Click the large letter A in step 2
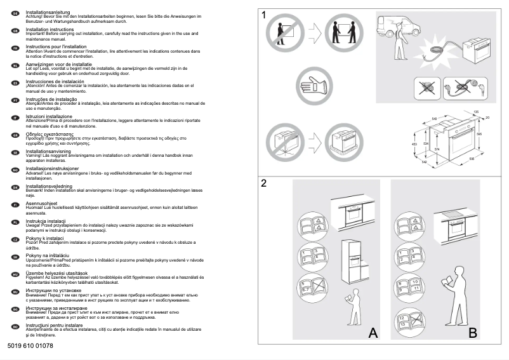pyautogui.click(x=373, y=332)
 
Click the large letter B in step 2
pyautogui.click(x=472, y=332)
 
